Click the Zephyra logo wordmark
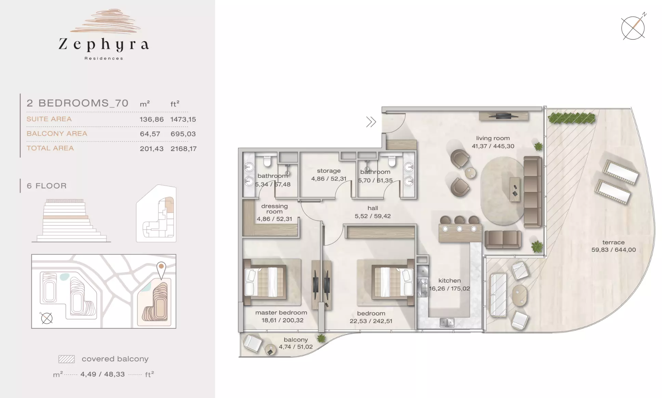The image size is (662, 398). (104, 45)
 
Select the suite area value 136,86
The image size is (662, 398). (151, 120)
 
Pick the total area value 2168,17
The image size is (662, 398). (184, 149)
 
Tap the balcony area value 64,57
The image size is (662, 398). (150, 134)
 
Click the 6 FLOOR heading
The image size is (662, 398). (47, 186)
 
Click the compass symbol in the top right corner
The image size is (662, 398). (633, 27)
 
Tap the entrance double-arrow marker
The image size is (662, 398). (371, 122)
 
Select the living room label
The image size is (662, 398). (493, 138)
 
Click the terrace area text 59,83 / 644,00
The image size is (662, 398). (613, 250)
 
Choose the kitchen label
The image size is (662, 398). (449, 281)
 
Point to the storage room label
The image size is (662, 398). (329, 171)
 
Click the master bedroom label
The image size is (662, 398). (281, 312)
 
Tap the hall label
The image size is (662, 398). (373, 208)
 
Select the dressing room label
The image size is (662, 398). (275, 209)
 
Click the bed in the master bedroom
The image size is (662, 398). (264, 282)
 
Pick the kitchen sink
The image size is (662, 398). (447, 322)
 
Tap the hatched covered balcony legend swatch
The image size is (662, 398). (66, 359)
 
